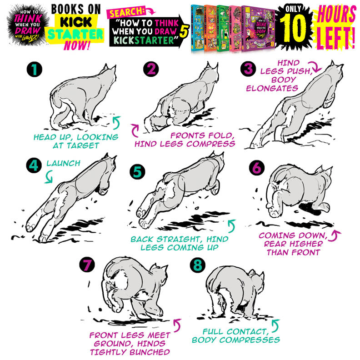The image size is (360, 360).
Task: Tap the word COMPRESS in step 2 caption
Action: click(x=215, y=144)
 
